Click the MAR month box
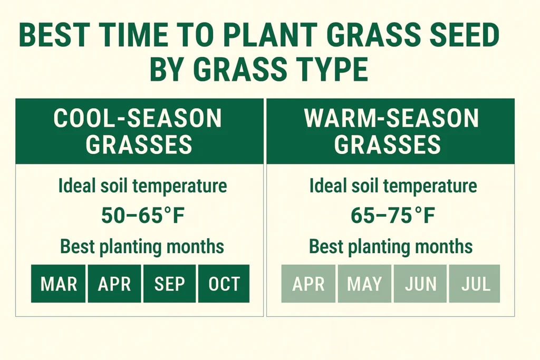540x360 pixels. click(58, 284)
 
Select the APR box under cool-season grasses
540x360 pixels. click(114, 284)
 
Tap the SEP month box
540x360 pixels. click(169, 284)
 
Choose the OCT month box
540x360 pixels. click(224, 284)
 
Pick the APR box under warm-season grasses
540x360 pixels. click(308, 284)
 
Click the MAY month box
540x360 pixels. click(364, 284)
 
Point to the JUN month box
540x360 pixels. click(420, 284)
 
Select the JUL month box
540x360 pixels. click(475, 284)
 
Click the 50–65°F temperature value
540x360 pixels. click(142, 216)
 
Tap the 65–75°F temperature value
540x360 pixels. click(393, 216)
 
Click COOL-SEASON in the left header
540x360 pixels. click(138, 119)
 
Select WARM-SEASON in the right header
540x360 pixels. click(391, 119)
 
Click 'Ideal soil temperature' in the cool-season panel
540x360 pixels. click(142, 186)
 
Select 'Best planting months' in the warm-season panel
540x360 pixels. click(391, 246)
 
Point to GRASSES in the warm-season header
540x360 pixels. click(388, 144)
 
